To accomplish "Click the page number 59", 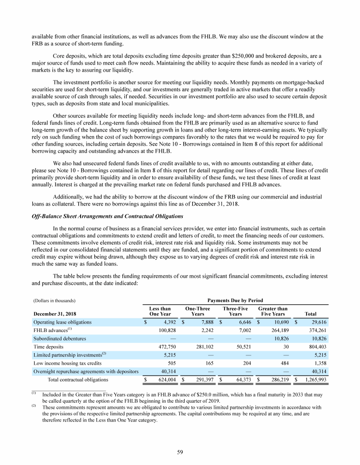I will click(180, 452).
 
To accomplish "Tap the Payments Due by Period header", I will click(234, 300).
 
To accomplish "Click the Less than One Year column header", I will click(160, 311).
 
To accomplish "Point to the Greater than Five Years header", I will click(273, 311).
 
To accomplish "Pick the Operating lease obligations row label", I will click(62, 322).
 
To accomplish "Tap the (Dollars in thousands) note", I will click(54, 301).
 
